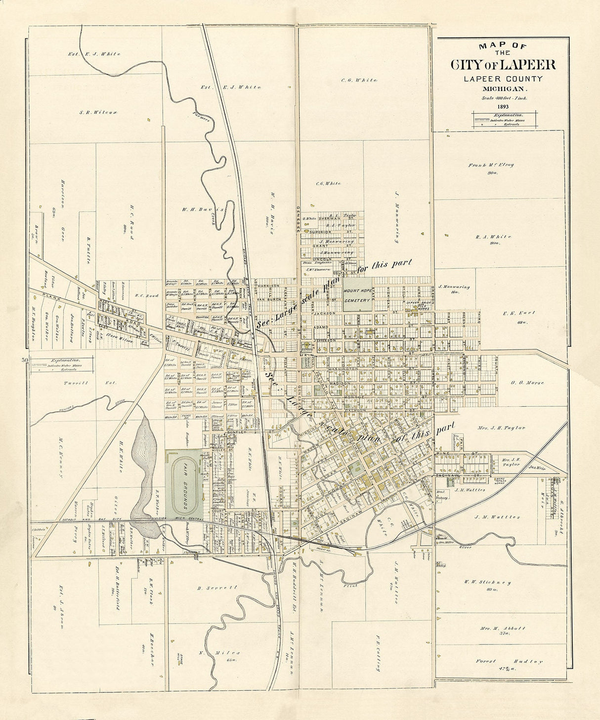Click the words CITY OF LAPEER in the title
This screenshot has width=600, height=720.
coord(503,65)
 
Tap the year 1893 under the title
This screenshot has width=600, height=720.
coord(503,106)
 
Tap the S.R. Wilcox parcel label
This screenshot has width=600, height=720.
coord(98,112)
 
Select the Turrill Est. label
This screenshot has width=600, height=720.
coord(89,383)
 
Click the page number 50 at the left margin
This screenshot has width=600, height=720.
coord(24,360)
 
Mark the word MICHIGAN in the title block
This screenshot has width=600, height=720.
coord(503,89)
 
